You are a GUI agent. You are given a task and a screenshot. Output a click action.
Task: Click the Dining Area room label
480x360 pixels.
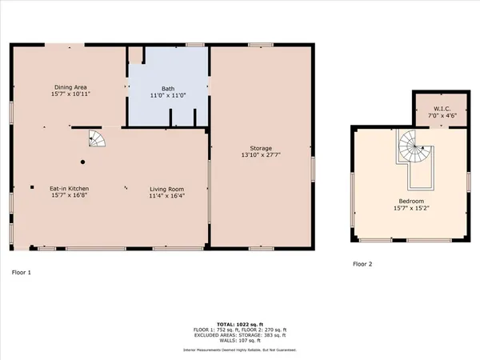coord(70,87)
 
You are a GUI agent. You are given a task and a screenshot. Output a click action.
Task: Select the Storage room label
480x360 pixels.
coord(261,149)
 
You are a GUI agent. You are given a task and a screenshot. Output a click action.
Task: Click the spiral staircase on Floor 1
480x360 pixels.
coord(96,139)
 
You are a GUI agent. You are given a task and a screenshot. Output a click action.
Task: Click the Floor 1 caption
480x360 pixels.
coord(21,273)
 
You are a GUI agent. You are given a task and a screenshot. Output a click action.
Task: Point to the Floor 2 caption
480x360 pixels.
coord(362,263)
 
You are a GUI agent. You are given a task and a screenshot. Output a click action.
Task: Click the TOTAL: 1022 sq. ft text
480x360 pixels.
coord(239,324)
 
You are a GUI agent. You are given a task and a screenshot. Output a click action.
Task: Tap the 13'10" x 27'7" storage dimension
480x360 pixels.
coord(261,156)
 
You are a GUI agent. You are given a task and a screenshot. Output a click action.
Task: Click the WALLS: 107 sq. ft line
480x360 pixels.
coord(239,341)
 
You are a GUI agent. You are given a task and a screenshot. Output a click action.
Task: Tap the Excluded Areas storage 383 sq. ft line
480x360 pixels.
coord(239,335)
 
